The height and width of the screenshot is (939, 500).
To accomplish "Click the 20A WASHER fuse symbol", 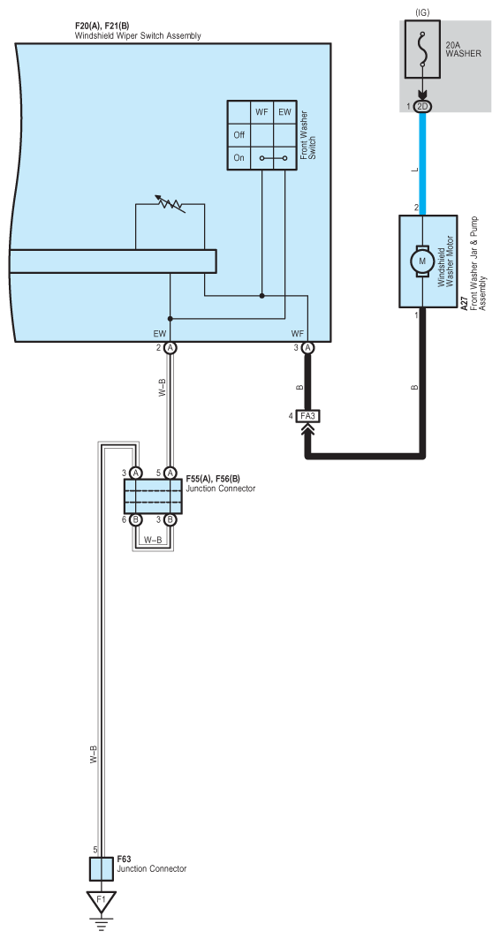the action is (x=423, y=49).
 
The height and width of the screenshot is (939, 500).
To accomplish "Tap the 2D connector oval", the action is (x=423, y=107).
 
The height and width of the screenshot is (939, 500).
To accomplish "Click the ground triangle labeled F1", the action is (x=102, y=901).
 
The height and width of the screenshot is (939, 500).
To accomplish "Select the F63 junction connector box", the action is (x=102, y=868).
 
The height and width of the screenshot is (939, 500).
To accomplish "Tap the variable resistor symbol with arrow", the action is (x=170, y=203).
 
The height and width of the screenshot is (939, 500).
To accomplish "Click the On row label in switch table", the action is (x=239, y=158).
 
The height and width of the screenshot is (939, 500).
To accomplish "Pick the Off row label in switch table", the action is (x=239, y=135).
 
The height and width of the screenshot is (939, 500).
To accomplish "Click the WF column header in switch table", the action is (x=261, y=111).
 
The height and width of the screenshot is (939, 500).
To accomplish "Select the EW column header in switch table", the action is (x=284, y=111).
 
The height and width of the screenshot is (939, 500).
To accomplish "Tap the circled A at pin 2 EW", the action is (x=170, y=348).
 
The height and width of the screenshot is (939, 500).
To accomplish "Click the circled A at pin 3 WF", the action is (x=308, y=348).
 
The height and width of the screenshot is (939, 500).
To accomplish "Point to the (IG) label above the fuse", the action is (x=423, y=12).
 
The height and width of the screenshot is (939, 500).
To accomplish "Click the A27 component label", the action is (x=465, y=304).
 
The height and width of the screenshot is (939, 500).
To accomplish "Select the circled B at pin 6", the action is (x=135, y=519).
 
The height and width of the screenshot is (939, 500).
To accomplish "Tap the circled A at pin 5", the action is (x=170, y=473).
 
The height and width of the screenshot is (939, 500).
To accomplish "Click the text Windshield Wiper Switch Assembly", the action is (x=138, y=36).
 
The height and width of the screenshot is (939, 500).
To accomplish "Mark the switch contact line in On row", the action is (x=273, y=159).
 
